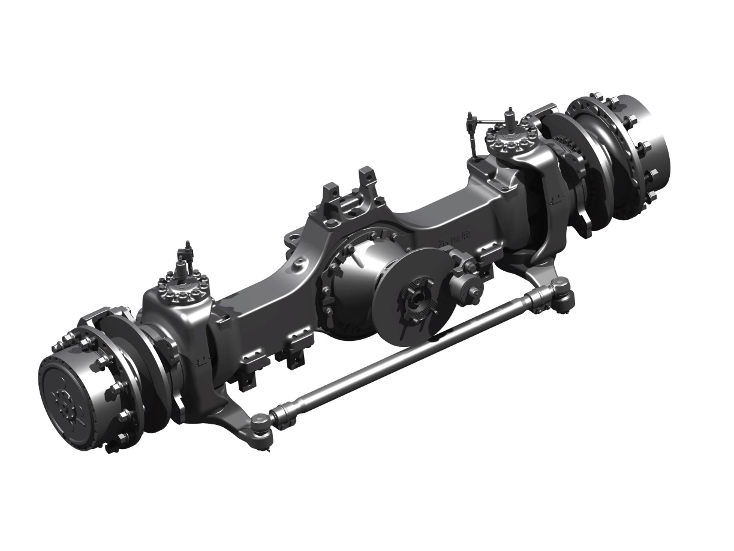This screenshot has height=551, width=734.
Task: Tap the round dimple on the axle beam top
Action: click(x=299, y=262)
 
